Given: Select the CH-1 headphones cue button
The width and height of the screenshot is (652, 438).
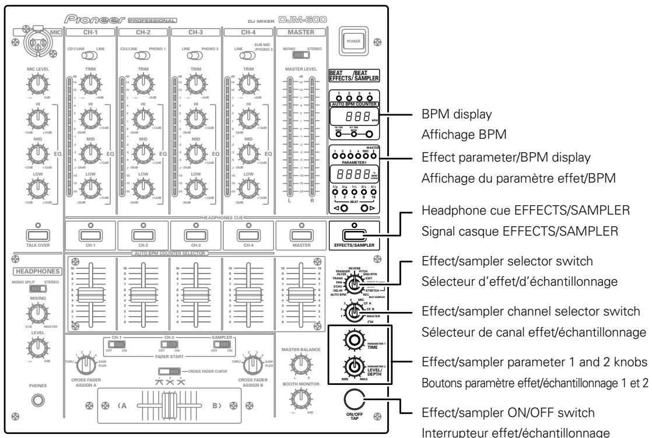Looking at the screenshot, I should coord(90,234).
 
